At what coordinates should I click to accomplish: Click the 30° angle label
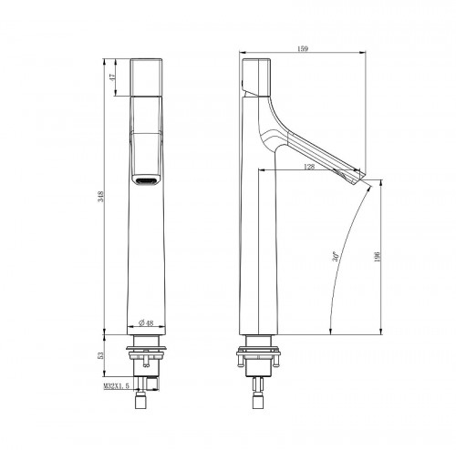[x=337, y=258]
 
